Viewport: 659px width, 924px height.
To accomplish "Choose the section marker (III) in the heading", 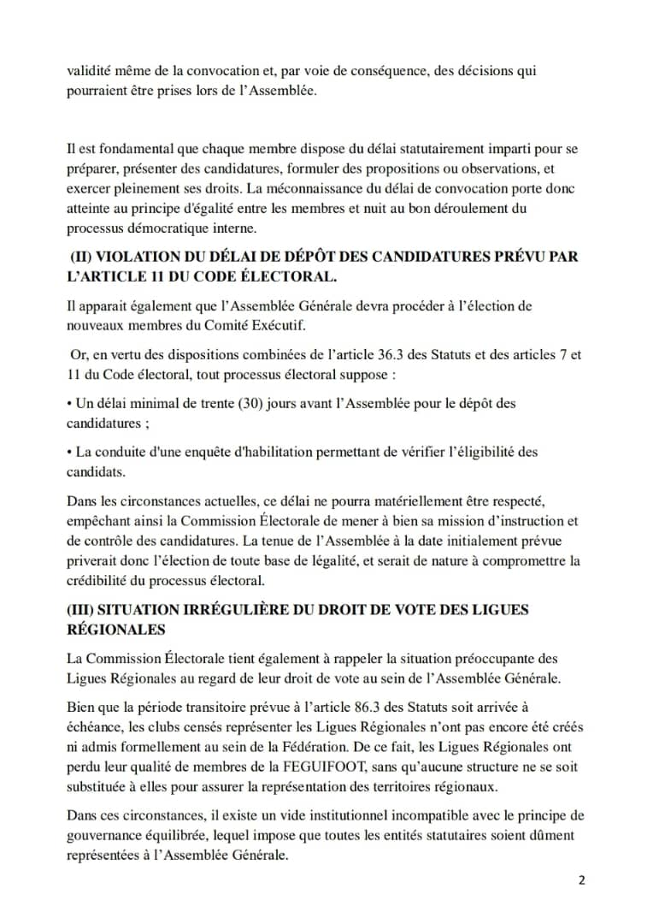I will [87, 610].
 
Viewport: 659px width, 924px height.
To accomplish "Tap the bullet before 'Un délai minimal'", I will [69, 403].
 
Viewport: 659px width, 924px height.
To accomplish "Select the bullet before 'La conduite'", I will [69, 452].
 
